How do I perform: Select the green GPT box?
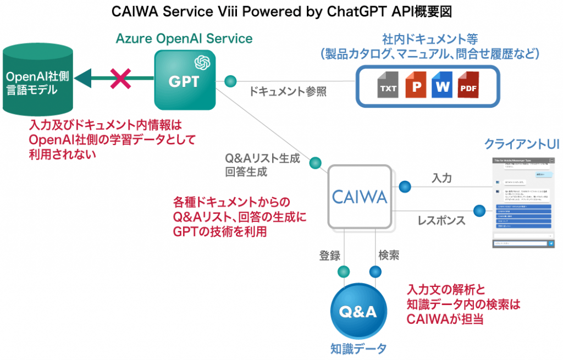tap(184, 80)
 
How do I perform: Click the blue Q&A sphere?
tap(358, 312)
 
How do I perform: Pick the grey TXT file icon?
tap(388, 86)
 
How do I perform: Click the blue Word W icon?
tap(442, 86)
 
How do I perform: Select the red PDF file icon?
tap(468, 86)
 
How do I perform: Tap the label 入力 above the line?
tap(441, 178)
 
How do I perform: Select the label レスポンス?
tap(441, 220)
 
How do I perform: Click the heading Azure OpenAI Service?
tap(184, 38)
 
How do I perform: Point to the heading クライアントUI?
tap(522, 144)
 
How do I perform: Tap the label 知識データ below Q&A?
tap(358, 348)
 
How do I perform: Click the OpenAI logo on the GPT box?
tap(201, 62)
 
